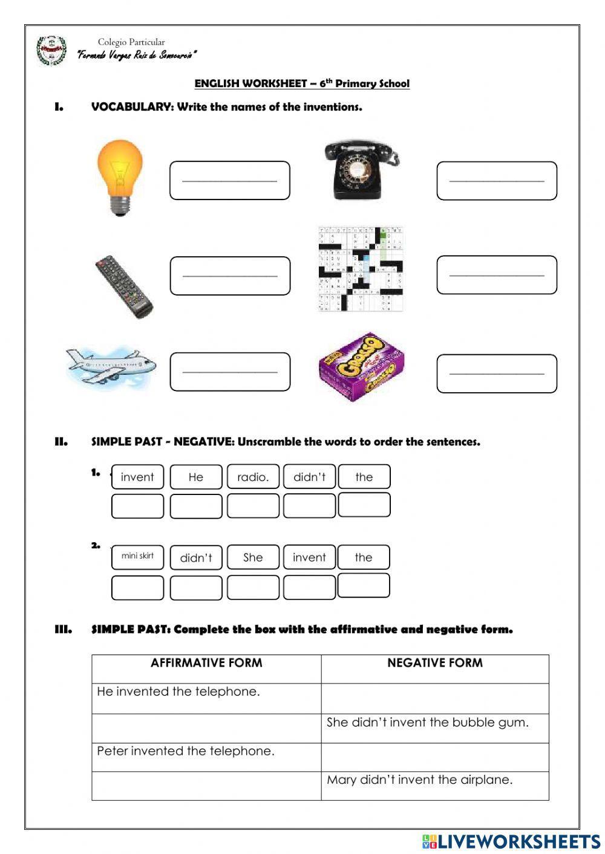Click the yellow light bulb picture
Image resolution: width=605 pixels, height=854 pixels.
coord(120,176)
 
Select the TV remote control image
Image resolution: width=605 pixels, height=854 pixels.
coord(123,286)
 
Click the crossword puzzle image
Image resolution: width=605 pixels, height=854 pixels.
coord(361,269)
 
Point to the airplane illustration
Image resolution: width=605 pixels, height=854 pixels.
coord(111,366)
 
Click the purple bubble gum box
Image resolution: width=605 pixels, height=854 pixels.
coord(361,367)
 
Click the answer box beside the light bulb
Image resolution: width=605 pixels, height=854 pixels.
coord(229,180)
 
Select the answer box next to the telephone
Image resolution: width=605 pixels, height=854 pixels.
coord(496,180)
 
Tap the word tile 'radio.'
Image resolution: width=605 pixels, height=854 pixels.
coord(253,477)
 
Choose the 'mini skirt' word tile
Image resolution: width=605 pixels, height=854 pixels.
coord(137,557)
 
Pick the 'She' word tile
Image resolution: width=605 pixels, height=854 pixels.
coord(253,557)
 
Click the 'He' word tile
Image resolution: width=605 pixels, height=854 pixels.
coord(196,477)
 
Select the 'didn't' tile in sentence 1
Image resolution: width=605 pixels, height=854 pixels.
coord(309,477)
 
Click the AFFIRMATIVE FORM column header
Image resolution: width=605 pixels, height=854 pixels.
coord(206,663)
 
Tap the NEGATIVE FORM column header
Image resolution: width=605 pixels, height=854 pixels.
coord(434,663)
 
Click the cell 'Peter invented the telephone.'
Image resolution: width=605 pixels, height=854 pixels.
coord(186,751)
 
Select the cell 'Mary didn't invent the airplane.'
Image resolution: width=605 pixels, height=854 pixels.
coord(419,780)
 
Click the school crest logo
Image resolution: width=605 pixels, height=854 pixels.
coord(51,51)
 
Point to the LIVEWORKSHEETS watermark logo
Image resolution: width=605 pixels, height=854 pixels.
coord(511,841)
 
